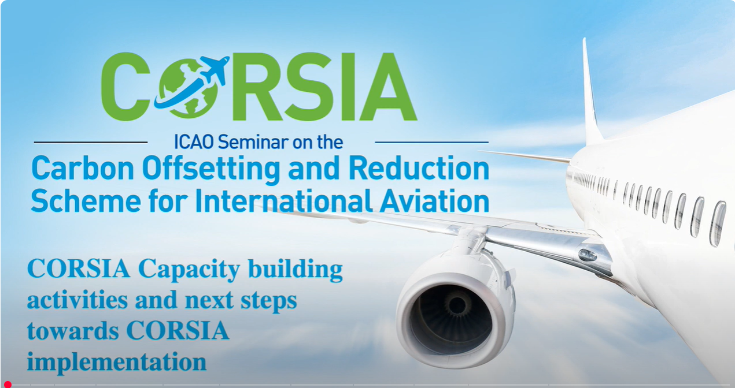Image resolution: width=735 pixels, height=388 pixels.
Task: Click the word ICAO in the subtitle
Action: (194, 142)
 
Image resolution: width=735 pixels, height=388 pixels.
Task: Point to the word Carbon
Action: (83, 169)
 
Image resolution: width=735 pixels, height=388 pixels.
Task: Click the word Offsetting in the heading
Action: (211, 170)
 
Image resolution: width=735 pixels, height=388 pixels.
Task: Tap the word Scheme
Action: (86, 200)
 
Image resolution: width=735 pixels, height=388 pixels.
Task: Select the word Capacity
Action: (189, 270)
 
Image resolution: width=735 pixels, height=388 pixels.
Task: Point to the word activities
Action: (77, 300)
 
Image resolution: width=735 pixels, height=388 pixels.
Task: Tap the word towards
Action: (73, 330)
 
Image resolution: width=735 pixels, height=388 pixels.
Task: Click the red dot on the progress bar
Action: (8, 385)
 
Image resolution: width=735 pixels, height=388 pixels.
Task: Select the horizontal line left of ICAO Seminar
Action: (91, 142)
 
